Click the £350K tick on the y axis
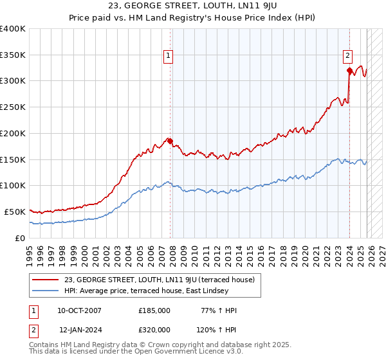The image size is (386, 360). click(x=13, y=55)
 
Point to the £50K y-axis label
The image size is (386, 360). click(x=15, y=212)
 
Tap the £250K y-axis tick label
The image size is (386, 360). click(x=13, y=107)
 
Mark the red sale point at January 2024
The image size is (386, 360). click(x=349, y=71)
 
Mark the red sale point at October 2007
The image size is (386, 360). click(x=170, y=141)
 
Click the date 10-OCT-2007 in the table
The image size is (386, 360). click(x=79, y=310)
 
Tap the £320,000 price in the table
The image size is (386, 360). click(x=154, y=328)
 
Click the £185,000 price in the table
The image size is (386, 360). click(x=154, y=310)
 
